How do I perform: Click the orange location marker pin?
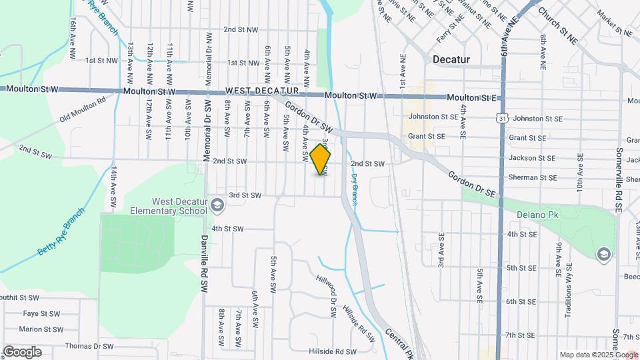point(321,159)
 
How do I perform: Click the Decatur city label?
point(451,59)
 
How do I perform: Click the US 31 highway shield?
point(501,117)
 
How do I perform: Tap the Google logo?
point(22,352)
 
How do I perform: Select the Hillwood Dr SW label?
point(328,288)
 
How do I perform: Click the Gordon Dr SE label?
point(472,183)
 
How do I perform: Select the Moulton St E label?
point(472,97)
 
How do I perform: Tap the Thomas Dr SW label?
point(89,347)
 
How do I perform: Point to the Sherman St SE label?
point(532,178)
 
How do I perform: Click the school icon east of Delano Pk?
point(603,253)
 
